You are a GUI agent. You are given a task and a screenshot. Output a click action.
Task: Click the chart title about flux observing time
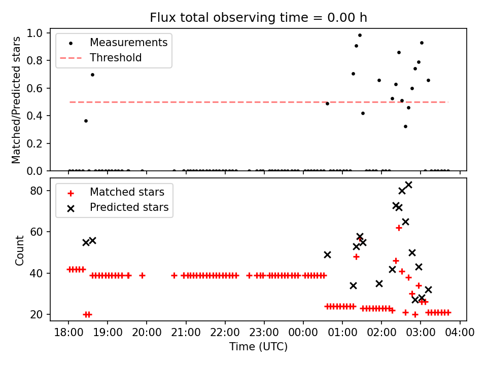pyautogui.click(x=258, y=18)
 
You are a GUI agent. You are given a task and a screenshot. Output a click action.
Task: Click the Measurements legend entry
pyautogui.click(x=128, y=43)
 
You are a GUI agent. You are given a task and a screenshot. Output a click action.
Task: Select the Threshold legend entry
pyautogui.click(x=116, y=58)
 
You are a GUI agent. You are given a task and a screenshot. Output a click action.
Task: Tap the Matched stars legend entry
pyautogui.click(x=127, y=192)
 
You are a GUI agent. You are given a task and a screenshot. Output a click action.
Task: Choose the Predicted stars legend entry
pyautogui.click(x=129, y=207)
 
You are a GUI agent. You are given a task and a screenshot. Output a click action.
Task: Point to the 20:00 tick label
pyautogui.click(x=147, y=333)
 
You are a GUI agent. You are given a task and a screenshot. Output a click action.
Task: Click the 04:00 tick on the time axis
pyautogui.click(x=460, y=333)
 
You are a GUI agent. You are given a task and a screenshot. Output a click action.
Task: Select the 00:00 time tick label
pyautogui.click(x=303, y=333)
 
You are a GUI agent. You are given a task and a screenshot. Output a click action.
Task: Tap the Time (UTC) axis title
pyautogui.click(x=258, y=347)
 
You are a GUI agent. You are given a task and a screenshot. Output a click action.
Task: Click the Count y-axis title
pyautogui.click(x=20, y=250)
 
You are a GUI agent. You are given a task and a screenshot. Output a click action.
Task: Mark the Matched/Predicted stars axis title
pyautogui.click(x=17, y=100)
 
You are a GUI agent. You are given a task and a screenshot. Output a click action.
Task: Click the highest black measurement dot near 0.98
pyautogui.click(x=360, y=35)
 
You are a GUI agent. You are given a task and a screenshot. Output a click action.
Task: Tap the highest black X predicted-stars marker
pyautogui.click(x=408, y=185)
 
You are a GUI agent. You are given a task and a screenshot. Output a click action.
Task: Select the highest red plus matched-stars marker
pyautogui.click(x=399, y=228)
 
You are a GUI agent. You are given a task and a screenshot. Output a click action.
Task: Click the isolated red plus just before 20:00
pyautogui.click(x=142, y=275)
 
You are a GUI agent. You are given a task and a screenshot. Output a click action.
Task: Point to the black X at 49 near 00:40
pyautogui.click(x=327, y=254)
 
